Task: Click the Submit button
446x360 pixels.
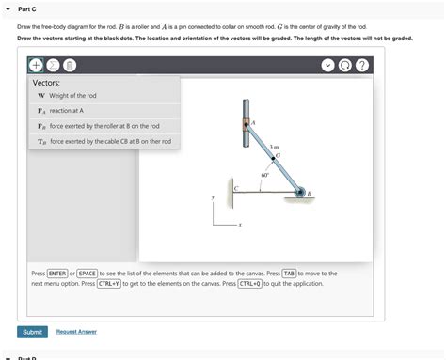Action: (x=32, y=331)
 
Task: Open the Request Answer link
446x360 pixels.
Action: (x=76, y=331)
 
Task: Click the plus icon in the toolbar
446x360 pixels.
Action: (x=35, y=66)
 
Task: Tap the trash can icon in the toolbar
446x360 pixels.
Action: (x=69, y=66)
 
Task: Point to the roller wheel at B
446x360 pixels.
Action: (x=300, y=194)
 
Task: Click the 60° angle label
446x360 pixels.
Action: (x=264, y=175)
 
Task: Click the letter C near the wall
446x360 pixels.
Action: (x=235, y=189)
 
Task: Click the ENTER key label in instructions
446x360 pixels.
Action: (x=57, y=273)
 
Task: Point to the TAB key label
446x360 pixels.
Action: (x=289, y=273)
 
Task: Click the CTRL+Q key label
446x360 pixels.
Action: (x=249, y=282)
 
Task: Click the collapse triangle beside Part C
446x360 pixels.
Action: (x=8, y=8)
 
